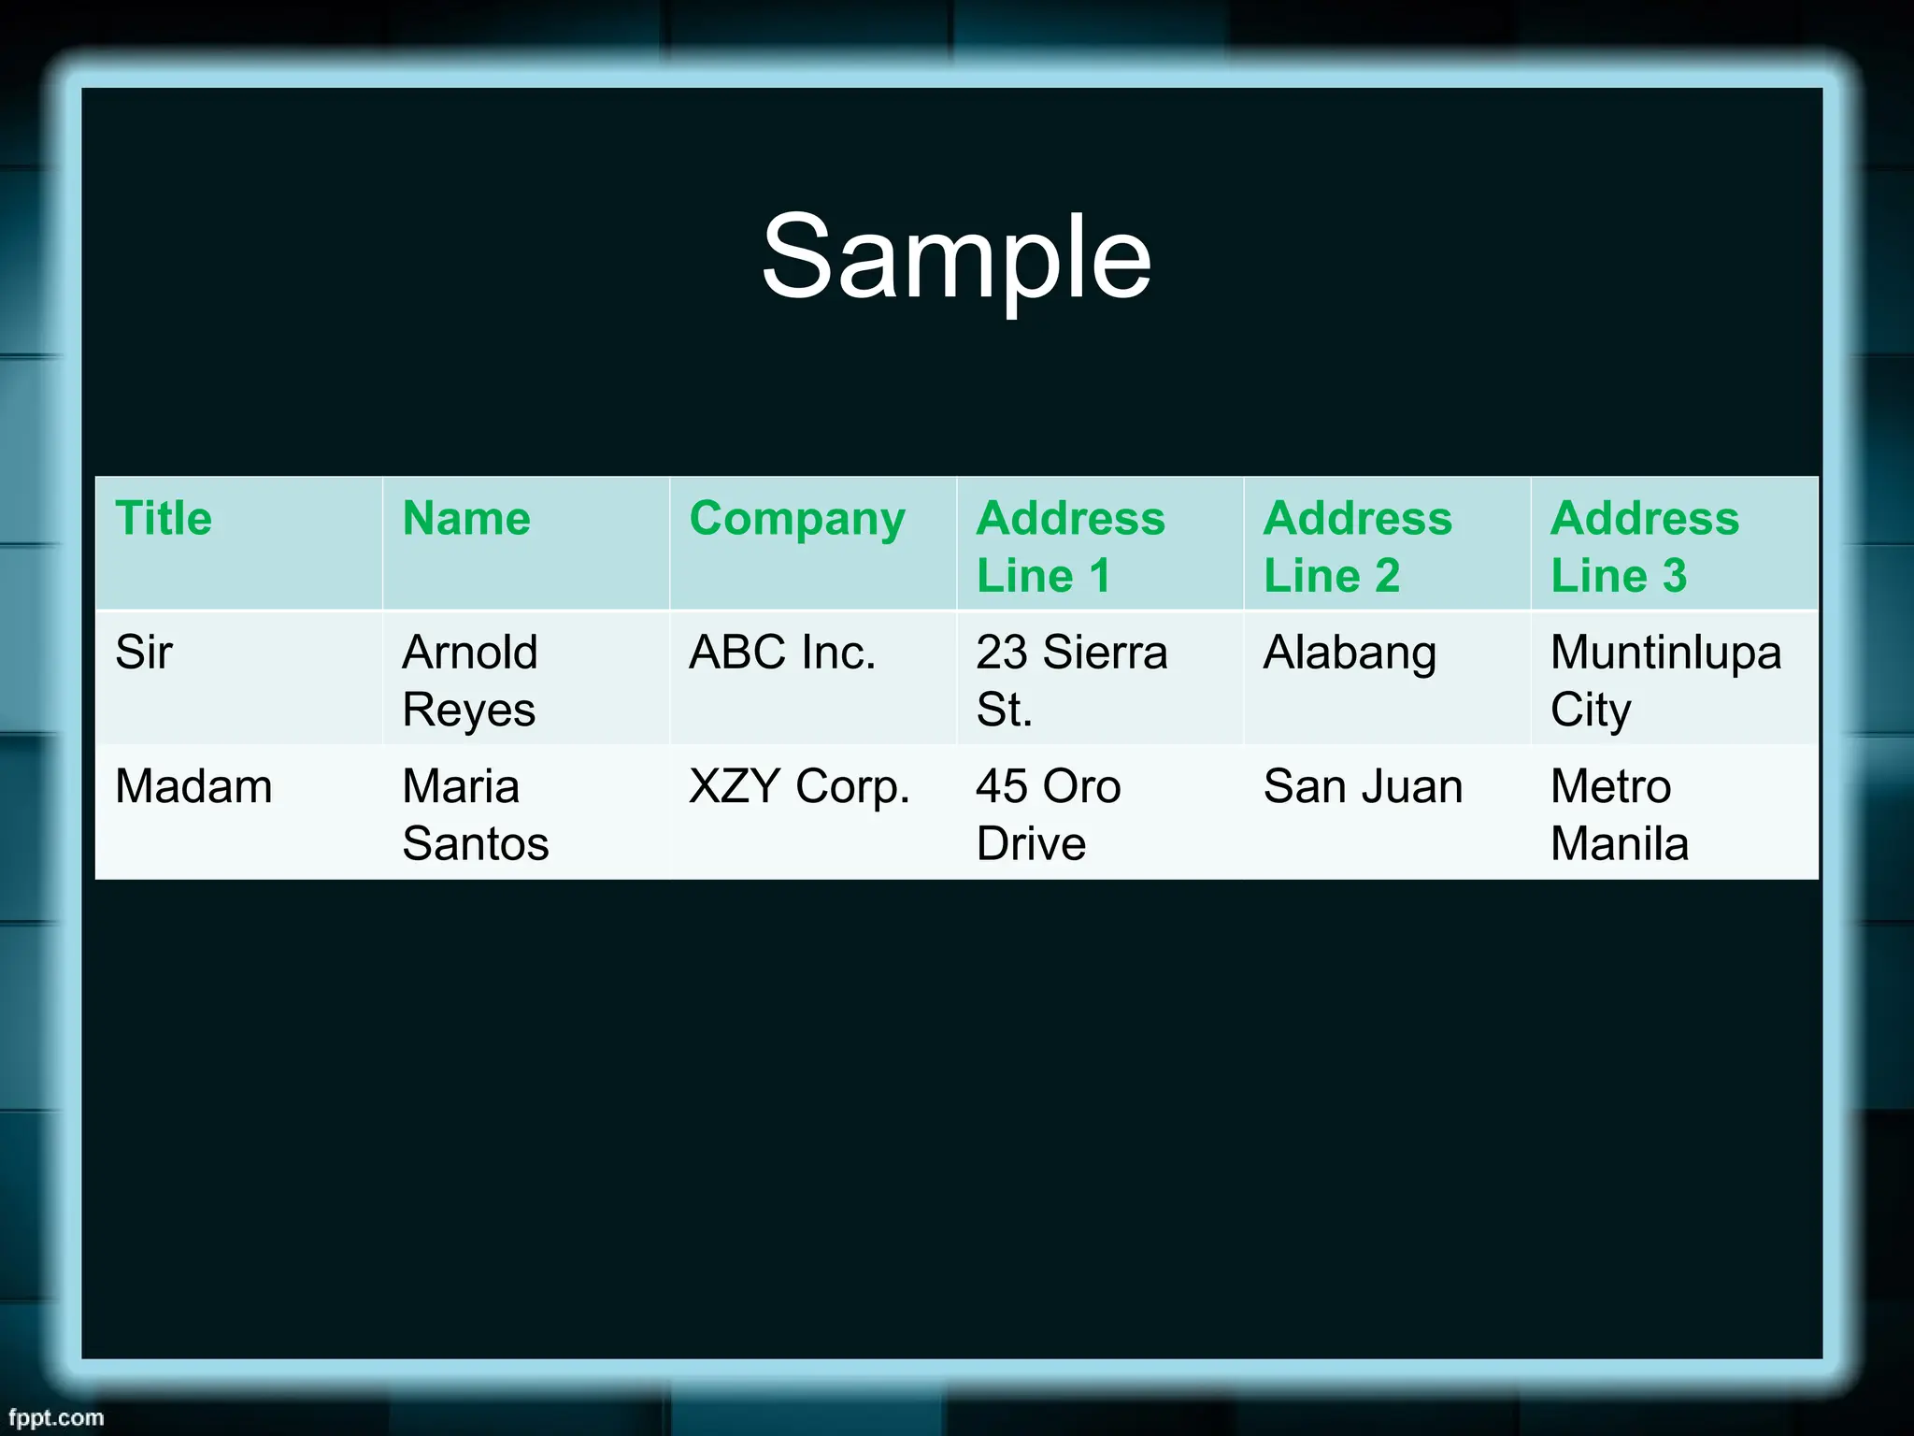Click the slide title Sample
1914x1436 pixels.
pos(956,257)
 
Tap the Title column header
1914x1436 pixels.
pos(164,519)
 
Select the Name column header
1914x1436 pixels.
pos(466,519)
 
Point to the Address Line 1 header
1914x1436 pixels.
pos(1070,546)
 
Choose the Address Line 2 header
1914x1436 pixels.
pos(1357,546)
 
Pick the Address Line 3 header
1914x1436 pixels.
pos(1644,546)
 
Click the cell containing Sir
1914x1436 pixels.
pos(144,653)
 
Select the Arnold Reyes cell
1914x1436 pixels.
pos(470,680)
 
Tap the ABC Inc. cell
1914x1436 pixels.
pos(782,653)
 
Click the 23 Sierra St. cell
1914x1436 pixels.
pos(1071,680)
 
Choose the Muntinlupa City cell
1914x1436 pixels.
pos(1665,680)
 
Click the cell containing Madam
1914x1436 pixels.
pos(193,786)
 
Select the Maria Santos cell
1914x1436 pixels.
pos(475,813)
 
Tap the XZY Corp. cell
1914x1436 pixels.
pos(799,787)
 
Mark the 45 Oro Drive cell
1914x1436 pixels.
pos(1048,813)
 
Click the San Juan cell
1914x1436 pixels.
pos(1363,786)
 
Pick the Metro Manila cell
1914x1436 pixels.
pos(1619,813)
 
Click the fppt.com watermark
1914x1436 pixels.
pos(56,1417)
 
